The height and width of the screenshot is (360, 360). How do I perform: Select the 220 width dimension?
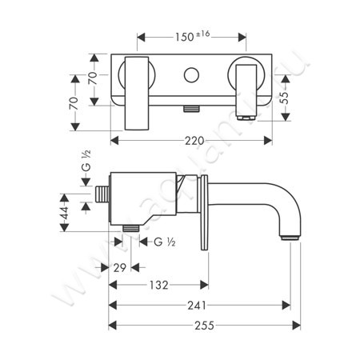[x=192, y=140]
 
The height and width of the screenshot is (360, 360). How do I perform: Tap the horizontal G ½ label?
[x=165, y=241]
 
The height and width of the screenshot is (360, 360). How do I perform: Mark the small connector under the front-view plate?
[x=192, y=106]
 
